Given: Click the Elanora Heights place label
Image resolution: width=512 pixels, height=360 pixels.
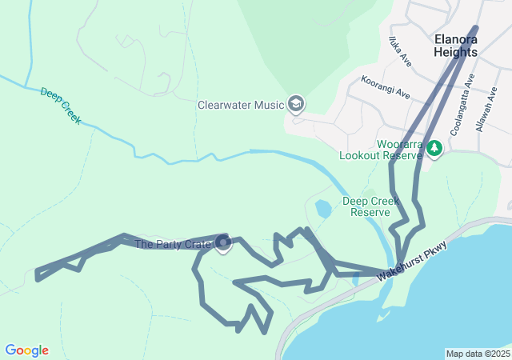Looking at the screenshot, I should tap(455, 45).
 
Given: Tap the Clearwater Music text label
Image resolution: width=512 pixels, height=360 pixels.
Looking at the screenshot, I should tap(241, 105).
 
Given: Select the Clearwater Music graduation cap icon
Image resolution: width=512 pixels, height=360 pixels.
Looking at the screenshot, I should tap(297, 104).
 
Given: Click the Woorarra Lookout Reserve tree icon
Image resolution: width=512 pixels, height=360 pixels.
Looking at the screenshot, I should tap(434, 148).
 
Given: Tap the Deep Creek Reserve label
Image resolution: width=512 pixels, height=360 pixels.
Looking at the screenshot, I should tap(371, 206).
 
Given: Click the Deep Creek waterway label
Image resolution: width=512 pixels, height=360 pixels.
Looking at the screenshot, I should tap(61, 105).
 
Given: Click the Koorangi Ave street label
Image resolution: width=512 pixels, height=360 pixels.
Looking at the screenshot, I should tap(386, 88).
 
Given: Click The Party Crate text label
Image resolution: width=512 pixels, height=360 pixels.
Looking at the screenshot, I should tap(173, 245).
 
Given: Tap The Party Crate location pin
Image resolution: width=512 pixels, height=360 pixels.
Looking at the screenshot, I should tap(223, 242).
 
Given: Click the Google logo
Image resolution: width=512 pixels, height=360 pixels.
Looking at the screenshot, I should tap(26, 350).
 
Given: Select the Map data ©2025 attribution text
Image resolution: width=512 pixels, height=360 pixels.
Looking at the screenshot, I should tap(477, 354).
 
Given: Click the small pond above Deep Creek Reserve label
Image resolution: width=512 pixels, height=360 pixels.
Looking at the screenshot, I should tap(323, 210).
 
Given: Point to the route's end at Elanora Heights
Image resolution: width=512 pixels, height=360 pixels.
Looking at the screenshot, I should tap(476, 28).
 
